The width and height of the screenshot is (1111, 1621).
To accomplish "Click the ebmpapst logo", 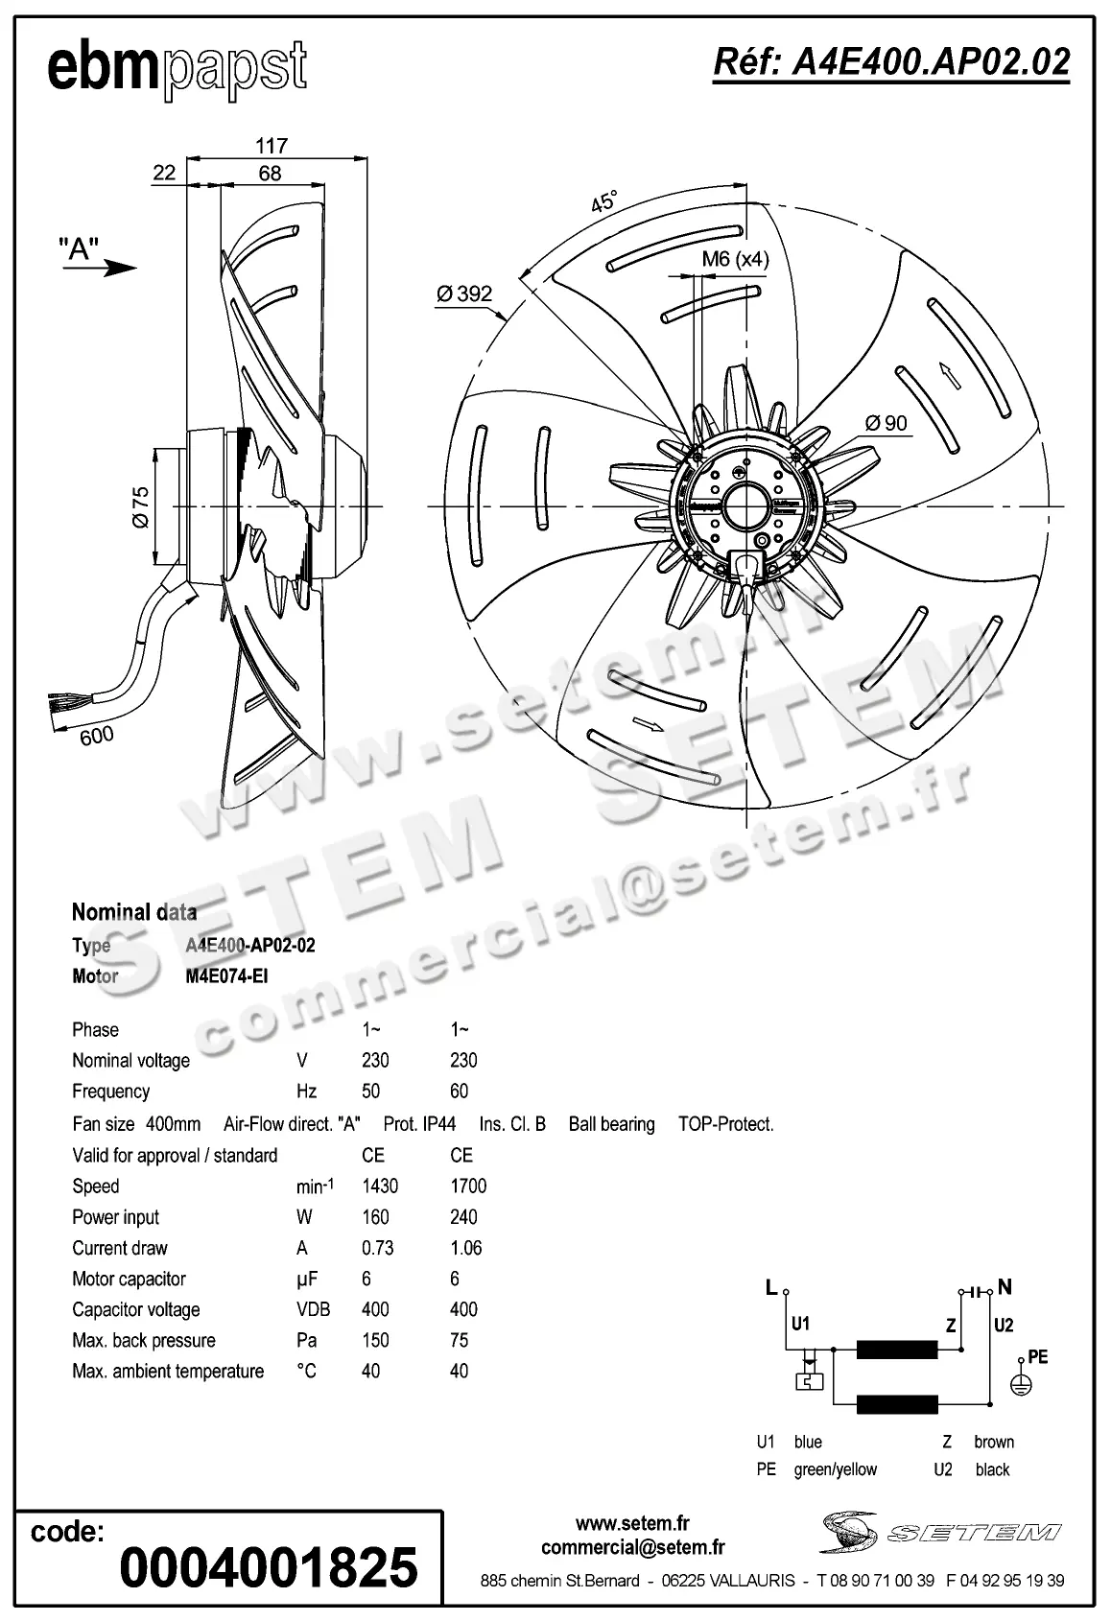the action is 177,68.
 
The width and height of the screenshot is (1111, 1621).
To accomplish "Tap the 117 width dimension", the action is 272,146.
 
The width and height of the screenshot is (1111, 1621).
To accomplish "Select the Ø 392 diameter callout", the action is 464,294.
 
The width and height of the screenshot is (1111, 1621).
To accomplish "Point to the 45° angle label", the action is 603,202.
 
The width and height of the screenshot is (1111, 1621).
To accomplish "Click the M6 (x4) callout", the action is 735,258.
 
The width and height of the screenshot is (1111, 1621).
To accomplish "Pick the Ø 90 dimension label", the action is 886,422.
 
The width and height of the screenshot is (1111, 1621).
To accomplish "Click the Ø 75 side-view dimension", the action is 141,506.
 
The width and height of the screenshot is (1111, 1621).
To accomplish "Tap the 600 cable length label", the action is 96,735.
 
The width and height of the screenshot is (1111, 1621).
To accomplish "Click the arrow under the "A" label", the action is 100,268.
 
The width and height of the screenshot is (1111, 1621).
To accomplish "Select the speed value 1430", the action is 380,1186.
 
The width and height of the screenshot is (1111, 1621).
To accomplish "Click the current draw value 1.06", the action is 466,1248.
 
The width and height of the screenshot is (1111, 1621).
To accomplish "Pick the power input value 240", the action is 463,1217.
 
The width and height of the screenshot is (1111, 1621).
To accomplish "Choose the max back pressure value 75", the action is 459,1340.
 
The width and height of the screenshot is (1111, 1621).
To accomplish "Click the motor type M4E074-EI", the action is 226,976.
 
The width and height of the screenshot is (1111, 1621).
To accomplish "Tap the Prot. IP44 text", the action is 419,1124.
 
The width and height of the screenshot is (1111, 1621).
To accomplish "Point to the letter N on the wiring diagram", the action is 1005,1287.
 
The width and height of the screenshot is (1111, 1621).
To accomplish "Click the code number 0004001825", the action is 269,1567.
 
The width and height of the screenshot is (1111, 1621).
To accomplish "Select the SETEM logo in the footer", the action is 939,1532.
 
